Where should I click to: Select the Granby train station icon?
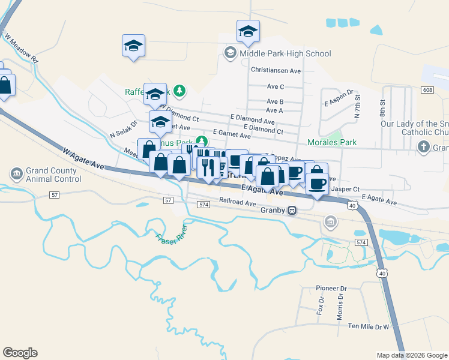(292, 210)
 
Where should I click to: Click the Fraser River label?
(172, 239)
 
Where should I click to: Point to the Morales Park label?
(331, 142)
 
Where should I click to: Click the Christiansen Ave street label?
(276, 70)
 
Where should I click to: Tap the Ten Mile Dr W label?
(369, 326)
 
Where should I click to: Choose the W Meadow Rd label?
(22, 49)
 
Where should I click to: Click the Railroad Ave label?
(238, 202)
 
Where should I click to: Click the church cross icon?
(423, 147)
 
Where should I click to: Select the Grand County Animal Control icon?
(16, 174)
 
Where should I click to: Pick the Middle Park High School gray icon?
(230, 53)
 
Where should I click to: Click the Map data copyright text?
(412, 355)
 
